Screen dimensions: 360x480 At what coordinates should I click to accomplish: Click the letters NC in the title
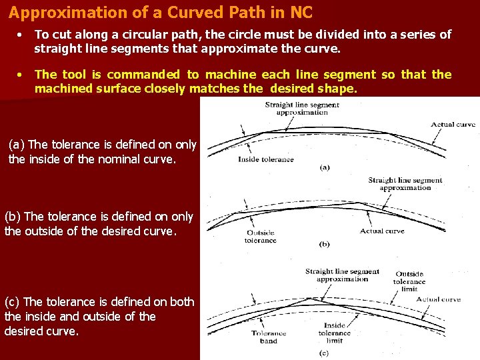click(299, 13)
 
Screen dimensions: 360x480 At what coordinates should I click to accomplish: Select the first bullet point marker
click(21, 35)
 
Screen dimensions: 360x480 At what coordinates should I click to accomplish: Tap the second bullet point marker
click(21, 75)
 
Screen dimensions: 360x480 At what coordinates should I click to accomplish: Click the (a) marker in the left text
click(17, 144)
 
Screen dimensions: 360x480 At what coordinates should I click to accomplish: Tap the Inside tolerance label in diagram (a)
click(265, 159)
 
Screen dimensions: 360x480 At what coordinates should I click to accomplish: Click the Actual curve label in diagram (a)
click(453, 125)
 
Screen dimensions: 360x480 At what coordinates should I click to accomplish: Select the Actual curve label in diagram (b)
click(381, 231)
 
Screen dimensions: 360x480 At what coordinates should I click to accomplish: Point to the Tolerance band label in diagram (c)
click(269, 337)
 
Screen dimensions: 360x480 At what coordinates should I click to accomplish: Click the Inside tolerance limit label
click(334, 333)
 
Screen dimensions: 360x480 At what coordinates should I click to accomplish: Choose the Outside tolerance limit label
click(409, 281)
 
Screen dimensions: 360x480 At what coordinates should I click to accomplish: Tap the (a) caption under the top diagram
click(324, 167)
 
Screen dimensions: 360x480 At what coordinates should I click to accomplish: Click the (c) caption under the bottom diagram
click(324, 352)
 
